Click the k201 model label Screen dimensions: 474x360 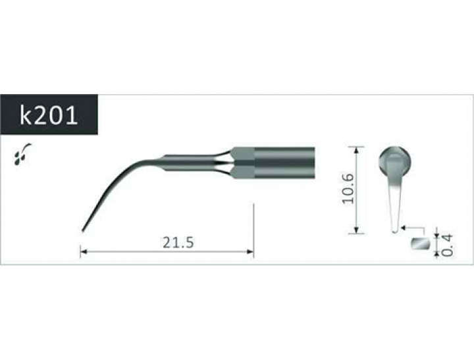[x=49, y=115]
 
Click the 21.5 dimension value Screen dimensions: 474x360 [x=178, y=242]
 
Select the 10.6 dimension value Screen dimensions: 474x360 [x=348, y=189]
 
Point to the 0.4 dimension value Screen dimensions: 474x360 [x=447, y=245]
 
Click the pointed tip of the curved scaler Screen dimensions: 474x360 [x=82, y=232]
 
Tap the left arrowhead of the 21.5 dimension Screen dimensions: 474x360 [x=84, y=251]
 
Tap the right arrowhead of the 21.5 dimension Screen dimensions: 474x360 [x=250, y=251]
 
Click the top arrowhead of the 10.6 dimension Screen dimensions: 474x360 [x=357, y=150]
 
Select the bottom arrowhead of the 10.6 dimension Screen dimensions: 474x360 [x=357, y=230]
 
